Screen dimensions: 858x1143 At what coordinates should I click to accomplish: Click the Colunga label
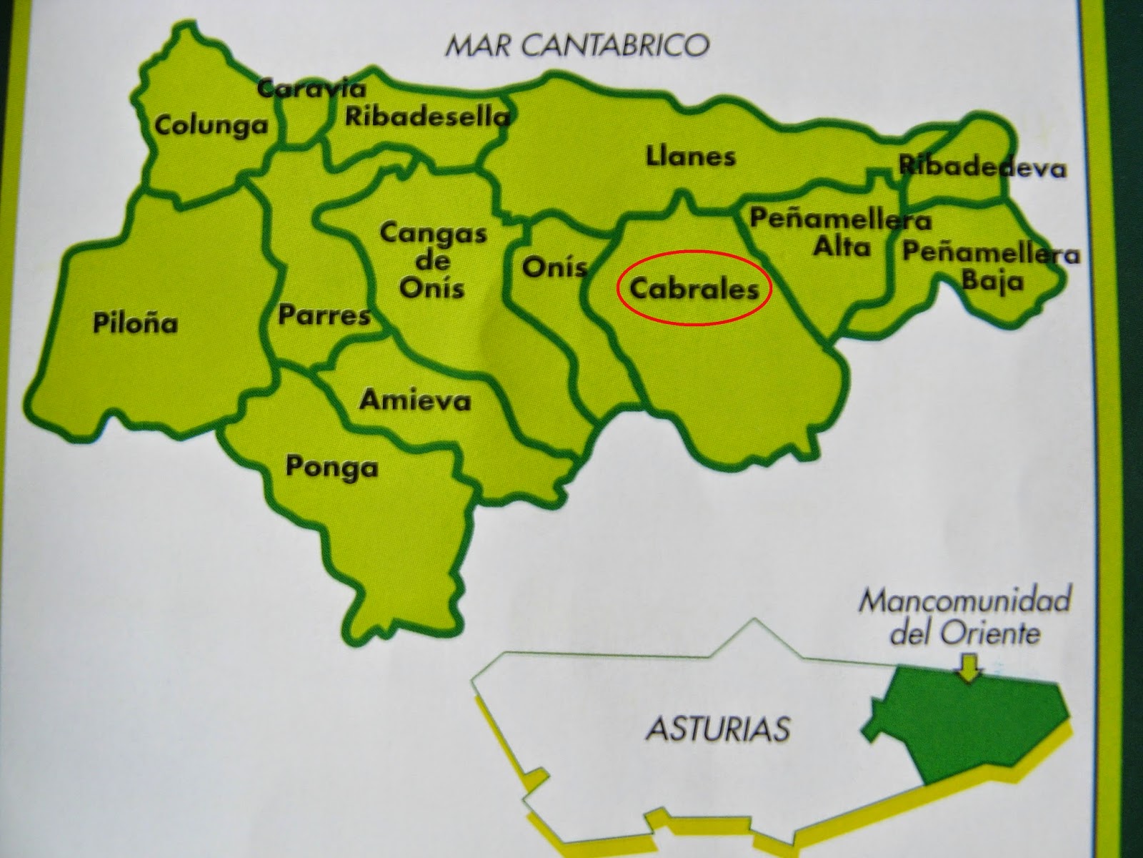(x=211, y=126)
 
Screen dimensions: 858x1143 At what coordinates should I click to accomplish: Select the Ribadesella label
(x=427, y=117)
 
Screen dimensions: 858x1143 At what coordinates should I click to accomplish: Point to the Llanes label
(x=690, y=157)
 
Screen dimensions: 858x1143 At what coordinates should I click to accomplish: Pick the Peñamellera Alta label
(x=840, y=233)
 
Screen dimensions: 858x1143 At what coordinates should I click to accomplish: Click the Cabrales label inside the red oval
(x=694, y=289)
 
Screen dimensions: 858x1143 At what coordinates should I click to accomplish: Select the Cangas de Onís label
(x=432, y=260)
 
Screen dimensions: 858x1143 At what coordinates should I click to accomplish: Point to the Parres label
(x=324, y=315)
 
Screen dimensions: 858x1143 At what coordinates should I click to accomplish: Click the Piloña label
(x=135, y=323)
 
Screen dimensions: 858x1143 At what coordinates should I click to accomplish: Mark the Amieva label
(x=415, y=400)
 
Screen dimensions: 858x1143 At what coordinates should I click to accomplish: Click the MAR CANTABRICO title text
(x=577, y=46)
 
